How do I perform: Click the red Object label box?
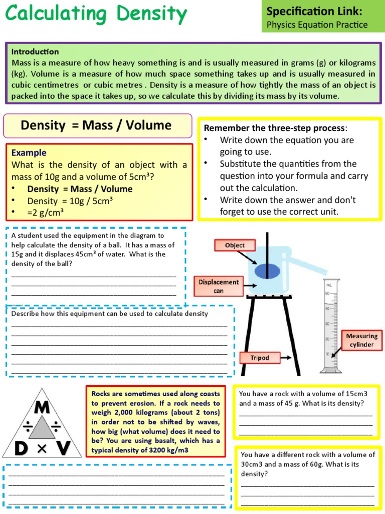tap(235, 245)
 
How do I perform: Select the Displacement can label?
tap(219, 286)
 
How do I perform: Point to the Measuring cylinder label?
tap(361, 340)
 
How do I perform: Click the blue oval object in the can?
tap(267, 270)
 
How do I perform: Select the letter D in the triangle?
tap(21, 448)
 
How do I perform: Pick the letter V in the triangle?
tap(62, 448)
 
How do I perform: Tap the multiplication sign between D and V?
tap(42, 449)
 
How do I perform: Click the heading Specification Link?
tap(314, 11)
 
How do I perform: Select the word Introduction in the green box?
tap(35, 51)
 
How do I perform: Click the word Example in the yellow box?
tap(29, 153)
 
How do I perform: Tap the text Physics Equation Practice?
tap(317, 25)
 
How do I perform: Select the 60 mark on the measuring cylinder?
tap(327, 293)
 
